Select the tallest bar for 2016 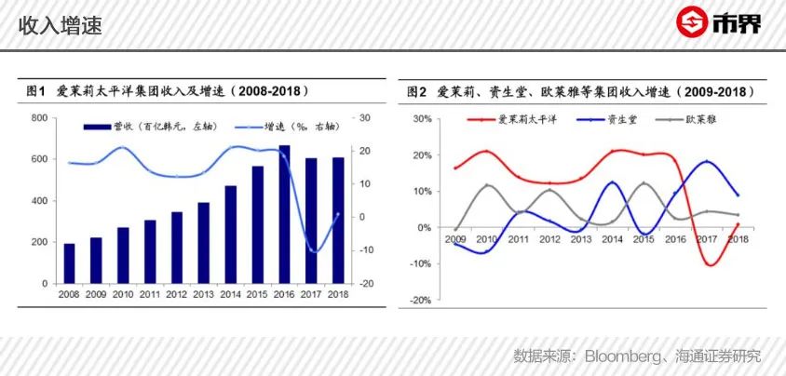coord(284,214)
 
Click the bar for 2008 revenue coord(69,263)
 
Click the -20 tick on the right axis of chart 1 coord(366,283)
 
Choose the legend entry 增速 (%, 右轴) coord(274,127)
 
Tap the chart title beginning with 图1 coord(168,91)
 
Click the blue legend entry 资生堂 coord(612,120)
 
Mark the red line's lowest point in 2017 coord(711,265)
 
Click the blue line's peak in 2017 coord(709,162)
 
